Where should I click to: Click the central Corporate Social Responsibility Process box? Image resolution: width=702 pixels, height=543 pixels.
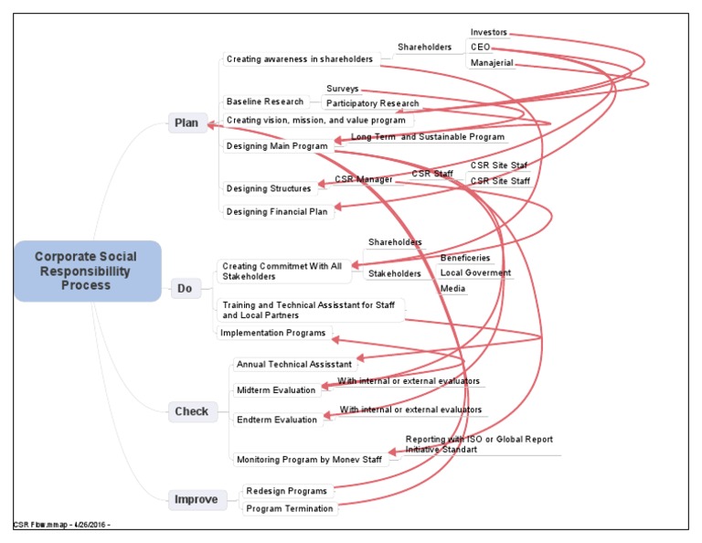coord(87,271)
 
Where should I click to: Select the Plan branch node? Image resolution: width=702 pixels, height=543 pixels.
coord(186,123)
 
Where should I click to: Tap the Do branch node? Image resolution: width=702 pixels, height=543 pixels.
coord(185,289)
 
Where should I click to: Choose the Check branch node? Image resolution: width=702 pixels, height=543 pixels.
coord(191,411)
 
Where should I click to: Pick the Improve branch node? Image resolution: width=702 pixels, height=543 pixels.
coord(197,499)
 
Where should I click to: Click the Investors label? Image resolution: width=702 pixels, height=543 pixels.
coord(488,33)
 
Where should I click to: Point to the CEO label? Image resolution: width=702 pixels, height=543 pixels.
coord(480,48)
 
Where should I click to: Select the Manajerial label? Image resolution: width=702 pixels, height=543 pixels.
coord(492,63)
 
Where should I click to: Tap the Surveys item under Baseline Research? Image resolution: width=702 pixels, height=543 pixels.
coord(342,90)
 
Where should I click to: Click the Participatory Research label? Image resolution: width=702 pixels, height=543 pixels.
coord(372,104)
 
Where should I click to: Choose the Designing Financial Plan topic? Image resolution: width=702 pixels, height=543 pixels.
coord(278,212)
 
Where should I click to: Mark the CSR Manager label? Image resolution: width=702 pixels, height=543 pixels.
coord(363,179)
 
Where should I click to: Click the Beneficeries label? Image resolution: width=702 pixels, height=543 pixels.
coord(465,259)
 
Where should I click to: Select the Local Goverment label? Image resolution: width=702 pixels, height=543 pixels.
coord(475,273)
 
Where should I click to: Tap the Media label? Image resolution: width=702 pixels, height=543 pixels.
coord(452,289)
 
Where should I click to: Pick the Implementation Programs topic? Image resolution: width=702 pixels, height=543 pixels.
coord(272,334)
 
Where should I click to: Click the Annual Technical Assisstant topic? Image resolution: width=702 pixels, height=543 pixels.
coord(293,365)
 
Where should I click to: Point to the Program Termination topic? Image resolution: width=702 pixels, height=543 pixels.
coord(290,508)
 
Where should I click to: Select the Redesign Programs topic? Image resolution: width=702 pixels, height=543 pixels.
coord(286,492)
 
